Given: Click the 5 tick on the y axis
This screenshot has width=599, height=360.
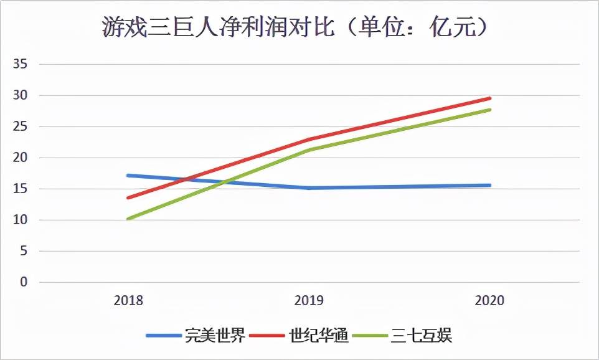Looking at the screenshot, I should (24, 251).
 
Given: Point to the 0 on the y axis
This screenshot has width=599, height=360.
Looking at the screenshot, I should (24, 282).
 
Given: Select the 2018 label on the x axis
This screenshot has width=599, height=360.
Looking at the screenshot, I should (128, 300).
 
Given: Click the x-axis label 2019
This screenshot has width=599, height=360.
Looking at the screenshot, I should (309, 300).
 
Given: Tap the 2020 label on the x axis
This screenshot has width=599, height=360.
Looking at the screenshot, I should (489, 300).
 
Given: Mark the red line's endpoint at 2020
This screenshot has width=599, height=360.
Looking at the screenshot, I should (489, 98).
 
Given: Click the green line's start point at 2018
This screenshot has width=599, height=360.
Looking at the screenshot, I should (128, 219).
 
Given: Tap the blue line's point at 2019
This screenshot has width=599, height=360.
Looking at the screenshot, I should (309, 187).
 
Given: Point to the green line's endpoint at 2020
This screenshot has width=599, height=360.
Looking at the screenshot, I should (489, 110).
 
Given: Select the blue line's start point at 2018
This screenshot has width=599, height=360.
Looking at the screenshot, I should (128, 175).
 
